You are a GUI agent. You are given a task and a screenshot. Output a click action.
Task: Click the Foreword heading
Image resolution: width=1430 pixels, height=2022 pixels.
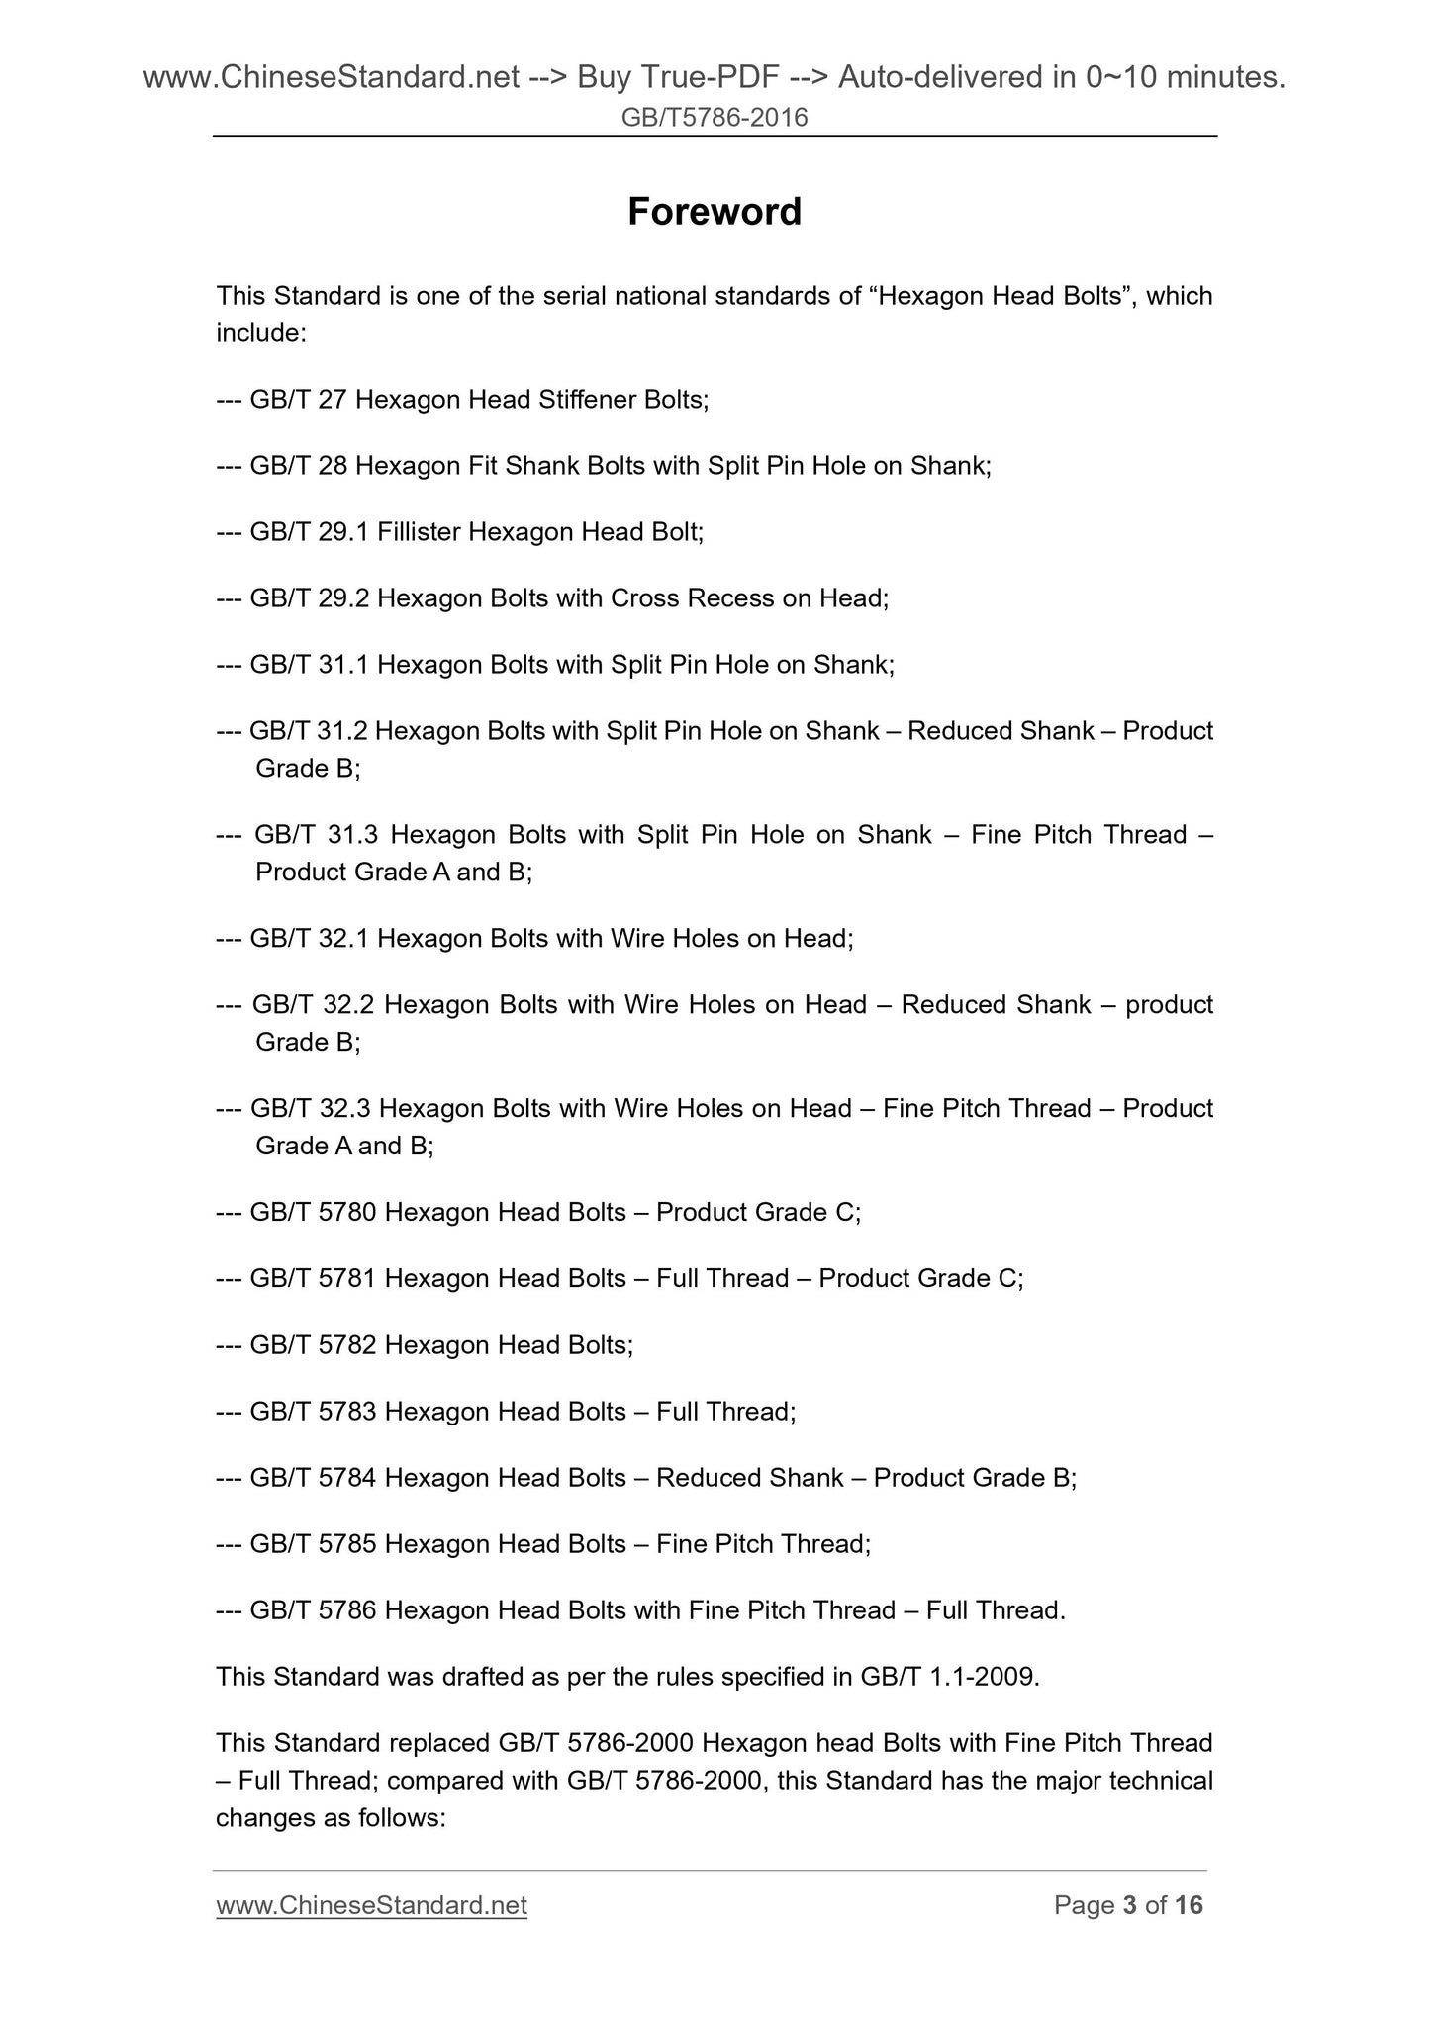click(x=715, y=211)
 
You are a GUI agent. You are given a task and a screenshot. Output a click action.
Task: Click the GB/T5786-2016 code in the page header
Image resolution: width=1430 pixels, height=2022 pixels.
click(x=715, y=118)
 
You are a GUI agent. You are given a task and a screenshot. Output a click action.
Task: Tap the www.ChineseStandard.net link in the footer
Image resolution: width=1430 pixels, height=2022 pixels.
click(x=371, y=1905)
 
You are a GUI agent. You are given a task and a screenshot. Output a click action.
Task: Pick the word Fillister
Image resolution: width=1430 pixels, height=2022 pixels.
click(x=419, y=532)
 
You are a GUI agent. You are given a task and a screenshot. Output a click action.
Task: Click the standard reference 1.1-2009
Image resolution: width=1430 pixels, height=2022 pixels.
click(x=984, y=1677)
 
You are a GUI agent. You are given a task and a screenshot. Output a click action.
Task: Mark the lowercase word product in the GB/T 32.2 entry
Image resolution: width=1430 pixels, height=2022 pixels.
click(x=1169, y=1005)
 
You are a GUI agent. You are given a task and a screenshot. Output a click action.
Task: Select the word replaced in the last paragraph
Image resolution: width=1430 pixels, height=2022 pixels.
click(x=440, y=1742)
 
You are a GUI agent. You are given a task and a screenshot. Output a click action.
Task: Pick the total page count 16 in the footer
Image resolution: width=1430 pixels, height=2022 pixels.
click(x=1189, y=1905)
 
